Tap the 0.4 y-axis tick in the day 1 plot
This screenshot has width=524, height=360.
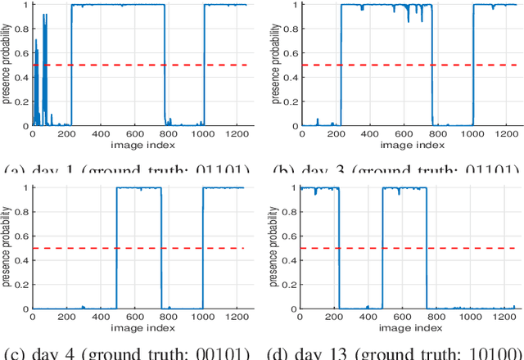point(22,77)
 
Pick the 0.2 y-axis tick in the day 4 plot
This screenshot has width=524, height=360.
point(22,285)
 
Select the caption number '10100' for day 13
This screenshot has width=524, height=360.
point(494,354)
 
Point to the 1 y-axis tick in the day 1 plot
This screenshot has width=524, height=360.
point(25,4)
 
